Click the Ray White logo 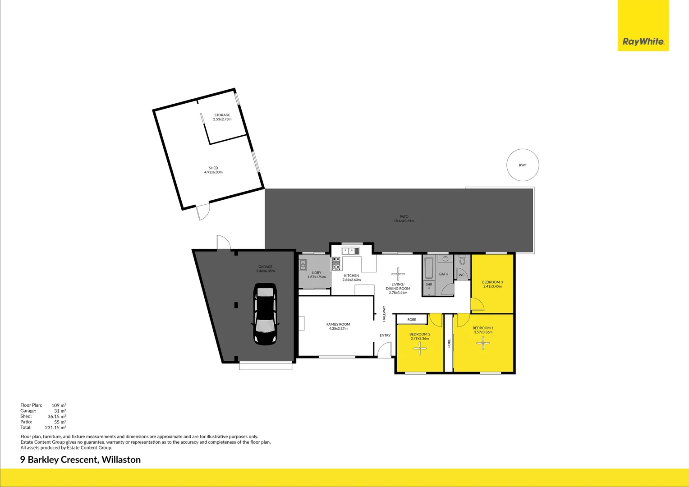[643, 41]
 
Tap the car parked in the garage [265, 314]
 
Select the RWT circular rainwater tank [523, 165]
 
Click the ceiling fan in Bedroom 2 [420, 348]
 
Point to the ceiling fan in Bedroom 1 [483, 344]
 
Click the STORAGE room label [222, 115]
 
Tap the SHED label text [213, 168]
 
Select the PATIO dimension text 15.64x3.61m [404, 221]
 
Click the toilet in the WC [462, 261]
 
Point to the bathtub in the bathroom [429, 268]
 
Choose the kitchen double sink [350, 251]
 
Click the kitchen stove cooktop [336, 263]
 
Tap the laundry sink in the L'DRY [303, 265]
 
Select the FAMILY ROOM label [338, 324]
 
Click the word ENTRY [385, 335]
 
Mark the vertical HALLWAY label [384, 314]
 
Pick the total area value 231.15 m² [55, 427]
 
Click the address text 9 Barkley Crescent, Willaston [81, 459]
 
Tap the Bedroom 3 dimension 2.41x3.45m [492, 286]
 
